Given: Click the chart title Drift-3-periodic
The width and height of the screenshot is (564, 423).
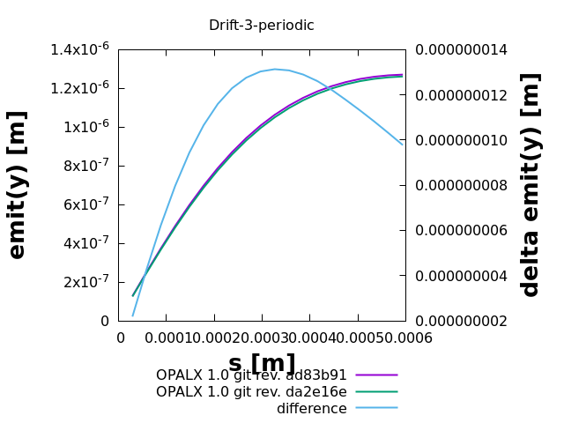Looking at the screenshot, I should [x=261, y=26].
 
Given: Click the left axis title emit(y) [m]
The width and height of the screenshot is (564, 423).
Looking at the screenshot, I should [x=18, y=185].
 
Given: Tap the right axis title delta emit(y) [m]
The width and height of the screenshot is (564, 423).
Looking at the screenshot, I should [x=530, y=185].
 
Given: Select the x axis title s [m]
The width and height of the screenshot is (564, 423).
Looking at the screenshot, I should [x=262, y=363].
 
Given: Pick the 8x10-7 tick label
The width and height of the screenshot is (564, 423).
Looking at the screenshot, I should [x=84, y=166].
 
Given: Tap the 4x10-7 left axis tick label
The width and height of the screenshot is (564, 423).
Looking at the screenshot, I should [x=84, y=243].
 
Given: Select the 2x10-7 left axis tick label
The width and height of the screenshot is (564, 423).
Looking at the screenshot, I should [x=84, y=282].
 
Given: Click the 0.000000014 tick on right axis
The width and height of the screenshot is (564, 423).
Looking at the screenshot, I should [x=462, y=49].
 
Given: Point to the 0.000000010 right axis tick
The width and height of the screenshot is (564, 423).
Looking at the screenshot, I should [x=462, y=140].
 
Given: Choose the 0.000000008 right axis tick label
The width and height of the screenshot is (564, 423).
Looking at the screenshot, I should [x=462, y=185].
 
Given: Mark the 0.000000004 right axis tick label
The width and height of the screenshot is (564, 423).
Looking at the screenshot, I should [x=462, y=276].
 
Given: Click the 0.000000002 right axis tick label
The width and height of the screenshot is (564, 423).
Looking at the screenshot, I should [x=462, y=321].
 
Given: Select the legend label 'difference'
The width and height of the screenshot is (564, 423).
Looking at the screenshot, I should [x=312, y=409].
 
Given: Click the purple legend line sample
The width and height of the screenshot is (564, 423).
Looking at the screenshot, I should [x=376, y=375].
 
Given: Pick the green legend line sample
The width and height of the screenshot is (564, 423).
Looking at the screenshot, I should [x=376, y=391].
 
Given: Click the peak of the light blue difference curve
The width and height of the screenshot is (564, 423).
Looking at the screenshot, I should [x=275, y=69].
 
